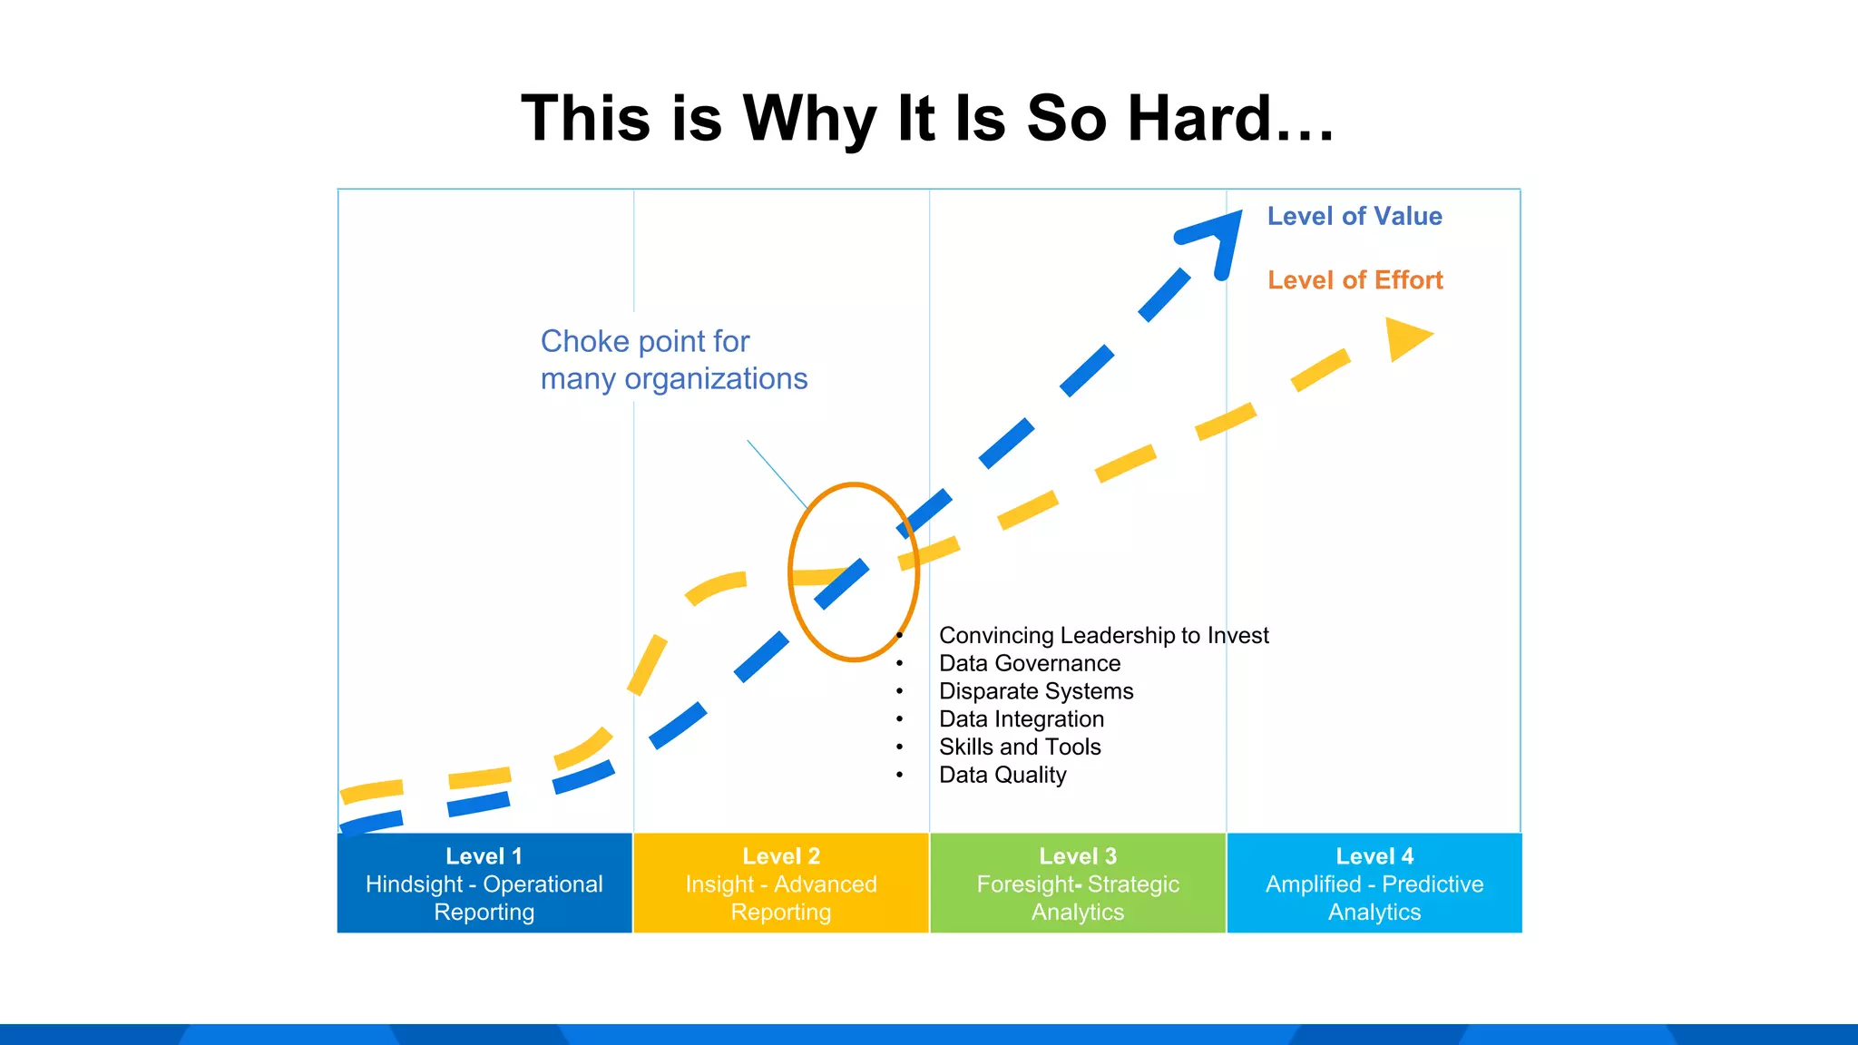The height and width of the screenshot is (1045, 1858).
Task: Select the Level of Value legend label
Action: tap(1354, 216)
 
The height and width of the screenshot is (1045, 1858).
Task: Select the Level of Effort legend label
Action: tap(1354, 280)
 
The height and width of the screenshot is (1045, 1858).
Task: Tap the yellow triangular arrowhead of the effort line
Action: tap(1406, 338)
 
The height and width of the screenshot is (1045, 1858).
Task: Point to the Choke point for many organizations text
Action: tap(673, 360)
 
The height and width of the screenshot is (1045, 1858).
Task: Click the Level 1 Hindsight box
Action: tap(484, 883)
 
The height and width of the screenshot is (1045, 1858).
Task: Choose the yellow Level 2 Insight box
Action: tap(781, 883)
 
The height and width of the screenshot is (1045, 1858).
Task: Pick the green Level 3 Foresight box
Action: tap(1078, 883)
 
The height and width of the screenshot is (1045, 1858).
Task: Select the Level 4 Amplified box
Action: tap(1374, 883)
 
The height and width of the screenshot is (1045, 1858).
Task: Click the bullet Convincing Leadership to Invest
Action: tap(1103, 636)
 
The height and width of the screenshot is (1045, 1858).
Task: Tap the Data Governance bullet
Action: tap(1030, 664)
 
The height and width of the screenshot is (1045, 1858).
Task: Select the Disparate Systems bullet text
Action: tap(1036, 691)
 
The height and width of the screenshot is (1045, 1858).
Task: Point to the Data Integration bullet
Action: tap(1022, 719)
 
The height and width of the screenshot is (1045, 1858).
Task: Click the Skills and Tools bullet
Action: tap(1020, 747)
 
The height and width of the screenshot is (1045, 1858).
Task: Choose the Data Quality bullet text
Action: tap(1002, 776)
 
